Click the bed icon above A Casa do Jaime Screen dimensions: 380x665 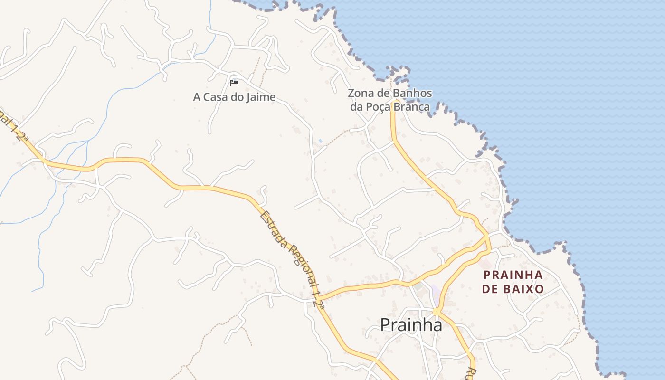point(234,83)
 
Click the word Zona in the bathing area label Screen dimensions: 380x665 point(360,94)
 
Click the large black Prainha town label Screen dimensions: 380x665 point(411,325)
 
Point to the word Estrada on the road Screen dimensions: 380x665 point(275,230)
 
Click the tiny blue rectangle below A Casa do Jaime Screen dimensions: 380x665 point(320,141)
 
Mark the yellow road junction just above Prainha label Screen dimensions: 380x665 point(436,312)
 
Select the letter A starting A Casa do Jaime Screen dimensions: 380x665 point(197,97)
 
